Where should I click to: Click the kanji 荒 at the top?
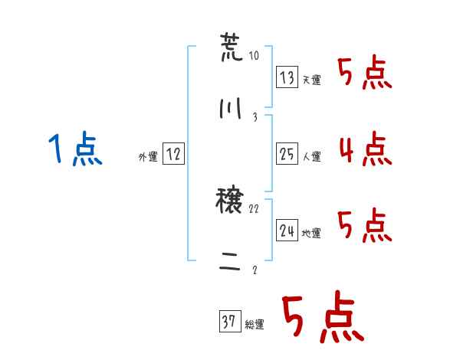point(232,47)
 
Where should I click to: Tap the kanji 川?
point(231,108)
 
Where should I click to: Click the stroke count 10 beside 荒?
point(254,55)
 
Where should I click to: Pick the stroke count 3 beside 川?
point(255,117)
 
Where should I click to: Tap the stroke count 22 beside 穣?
point(254,208)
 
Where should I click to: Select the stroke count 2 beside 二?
point(255,270)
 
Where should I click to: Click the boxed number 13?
point(287,77)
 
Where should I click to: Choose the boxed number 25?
point(287,154)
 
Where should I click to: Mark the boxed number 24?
point(287,230)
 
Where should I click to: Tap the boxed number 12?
point(173,153)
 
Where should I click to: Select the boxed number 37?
point(230,321)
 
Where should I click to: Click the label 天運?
point(312,80)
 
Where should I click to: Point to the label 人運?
point(312,156)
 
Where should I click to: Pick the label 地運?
point(311,233)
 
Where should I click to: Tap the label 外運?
point(148,156)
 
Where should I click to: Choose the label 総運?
point(255,324)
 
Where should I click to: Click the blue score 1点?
point(75,149)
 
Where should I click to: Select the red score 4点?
point(366,149)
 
